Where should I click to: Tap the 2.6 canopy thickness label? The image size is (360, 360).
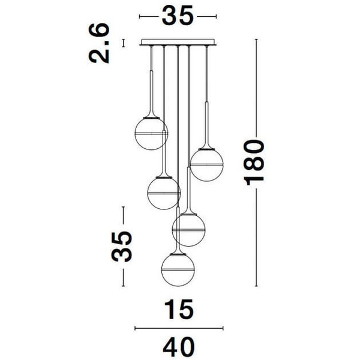[x=99, y=43]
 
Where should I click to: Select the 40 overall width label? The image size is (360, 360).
[x=179, y=346]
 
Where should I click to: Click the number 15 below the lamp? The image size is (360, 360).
[x=179, y=310]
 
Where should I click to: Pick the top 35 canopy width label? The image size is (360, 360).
[x=178, y=16]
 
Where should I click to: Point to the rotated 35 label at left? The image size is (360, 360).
[x=121, y=247]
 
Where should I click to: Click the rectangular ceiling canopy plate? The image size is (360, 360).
[x=178, y=42]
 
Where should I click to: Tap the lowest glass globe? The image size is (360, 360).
[x=178, y=270]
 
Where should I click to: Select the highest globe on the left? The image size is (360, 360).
[x=151, y=134]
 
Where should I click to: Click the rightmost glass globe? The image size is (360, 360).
[x=207, y=165]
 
